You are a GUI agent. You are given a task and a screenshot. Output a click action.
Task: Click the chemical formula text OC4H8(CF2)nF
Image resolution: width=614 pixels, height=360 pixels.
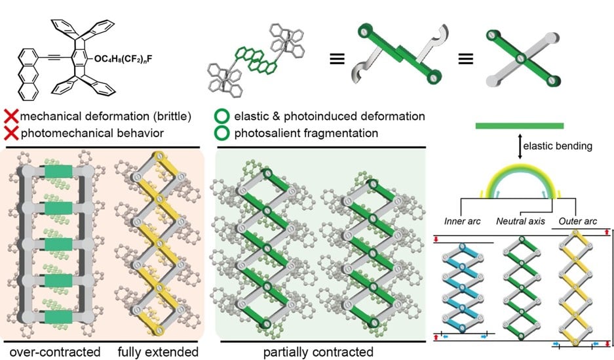pyautogui.click(x=123, y=59)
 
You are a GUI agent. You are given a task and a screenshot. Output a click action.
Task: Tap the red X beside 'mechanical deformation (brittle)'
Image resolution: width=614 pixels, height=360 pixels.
pyautogui.click(x=11, y=116)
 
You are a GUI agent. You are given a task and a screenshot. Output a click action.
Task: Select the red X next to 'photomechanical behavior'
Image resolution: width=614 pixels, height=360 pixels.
pyautogui.click(x=11, y=133)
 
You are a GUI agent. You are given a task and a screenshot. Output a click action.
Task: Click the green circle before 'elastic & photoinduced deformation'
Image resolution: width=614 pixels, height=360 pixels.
pyautogui.click(x=221, y=116)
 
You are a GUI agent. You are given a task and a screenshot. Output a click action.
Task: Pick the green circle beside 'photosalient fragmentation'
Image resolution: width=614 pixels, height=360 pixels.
pyautogui.click(x=221, y=133)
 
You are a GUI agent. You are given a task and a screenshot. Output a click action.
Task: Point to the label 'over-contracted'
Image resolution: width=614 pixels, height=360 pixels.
pyautogui.click(x=55, y=351)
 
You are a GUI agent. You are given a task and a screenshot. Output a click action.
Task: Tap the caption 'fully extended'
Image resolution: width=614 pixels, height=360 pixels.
pyautogui.click(x=158, y=351)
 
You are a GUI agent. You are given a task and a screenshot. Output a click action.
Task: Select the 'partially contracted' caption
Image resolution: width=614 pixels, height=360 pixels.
pyautogui.click(x=318, y=351)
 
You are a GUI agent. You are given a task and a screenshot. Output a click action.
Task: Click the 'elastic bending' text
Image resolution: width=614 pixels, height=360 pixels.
pyautogui.click(x=558, y=146)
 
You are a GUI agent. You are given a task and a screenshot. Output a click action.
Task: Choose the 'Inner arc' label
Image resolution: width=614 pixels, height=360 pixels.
pyautogui.click(x=463, y=222)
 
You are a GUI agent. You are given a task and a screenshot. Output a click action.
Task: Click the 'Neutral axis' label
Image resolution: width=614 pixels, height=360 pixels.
pyautogui.click(x=520, y=222)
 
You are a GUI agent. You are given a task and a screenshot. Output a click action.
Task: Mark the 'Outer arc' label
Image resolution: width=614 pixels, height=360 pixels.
pyautogui.click(x=577, y=222)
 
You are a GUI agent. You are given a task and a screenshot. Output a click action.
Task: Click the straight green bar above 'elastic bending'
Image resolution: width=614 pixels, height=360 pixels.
pyautogui.click(x=520, y=126)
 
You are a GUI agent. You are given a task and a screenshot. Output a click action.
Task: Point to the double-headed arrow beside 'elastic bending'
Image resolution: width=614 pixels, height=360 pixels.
pyautogui.click(x=520, y=146)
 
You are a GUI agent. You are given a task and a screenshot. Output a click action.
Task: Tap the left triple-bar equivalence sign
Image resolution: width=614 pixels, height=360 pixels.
pyautogui.click(x=337, y=59)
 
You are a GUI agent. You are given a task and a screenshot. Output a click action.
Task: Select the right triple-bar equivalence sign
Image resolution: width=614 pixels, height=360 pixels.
pyautogui.click(x=466, y=59)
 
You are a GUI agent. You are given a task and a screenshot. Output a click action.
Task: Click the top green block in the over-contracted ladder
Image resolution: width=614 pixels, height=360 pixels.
pyautogui.click(x=58, y=172)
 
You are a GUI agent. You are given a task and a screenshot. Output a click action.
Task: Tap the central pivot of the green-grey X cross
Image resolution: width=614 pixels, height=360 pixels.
pyautogui.click(x=520, y=59)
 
